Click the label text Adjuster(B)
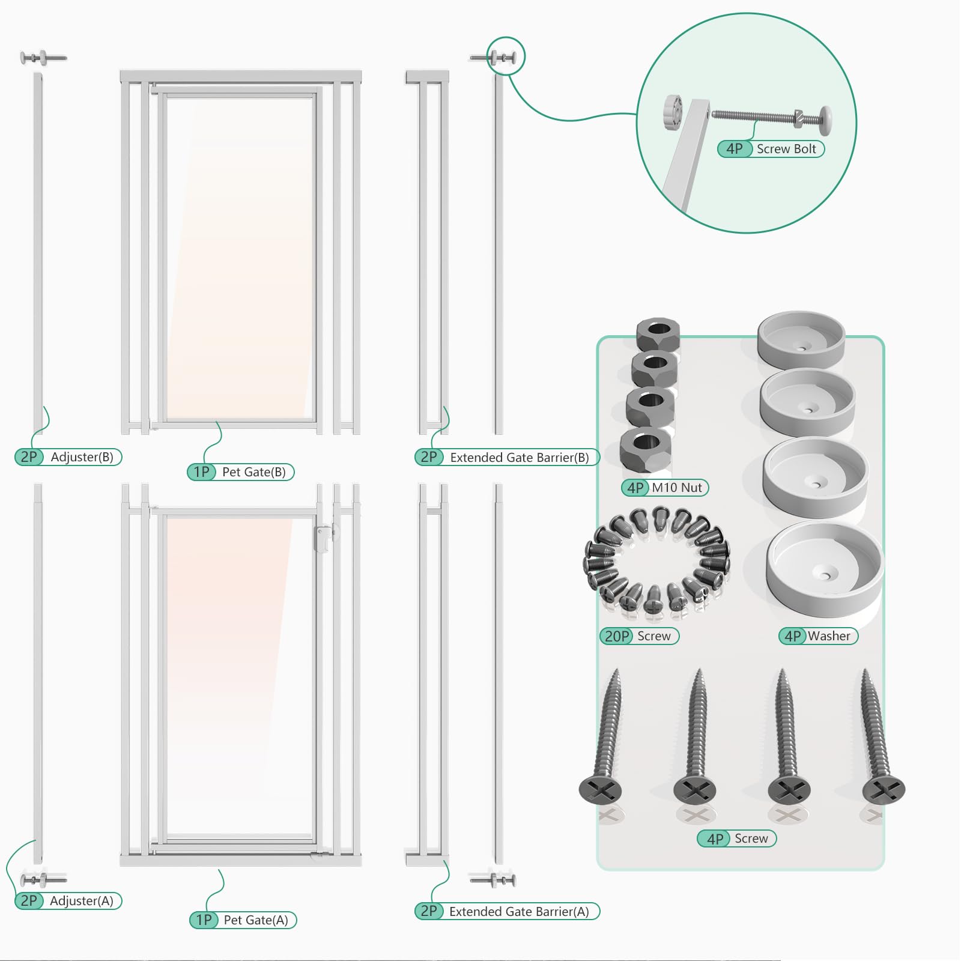pyautogui.click(x=82, y=457)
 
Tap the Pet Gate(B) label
pyautogui.click(x=253, y=472)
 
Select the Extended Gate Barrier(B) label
pyautogui.click(x=520, y=458)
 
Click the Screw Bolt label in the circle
pyautogui.click(x=786, y=149)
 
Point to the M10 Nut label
pyautogui.click(x=677, y=488)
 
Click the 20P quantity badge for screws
pyautogui.click(x=617, y=636)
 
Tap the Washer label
pyautogui.click(x=829, y=636)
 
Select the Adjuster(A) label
pyautogui.click(x=82, y=901)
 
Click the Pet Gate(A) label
pyautogui.click(x=256, y=920)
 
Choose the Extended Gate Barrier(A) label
pyautogui.click(x=519, y=912)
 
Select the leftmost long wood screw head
pyautogui.click(x=600, y=789)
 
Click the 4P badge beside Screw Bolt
pyautogui.click(x=735, y=149)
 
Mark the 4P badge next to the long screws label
pyautogui.click(x=715, y=838)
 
